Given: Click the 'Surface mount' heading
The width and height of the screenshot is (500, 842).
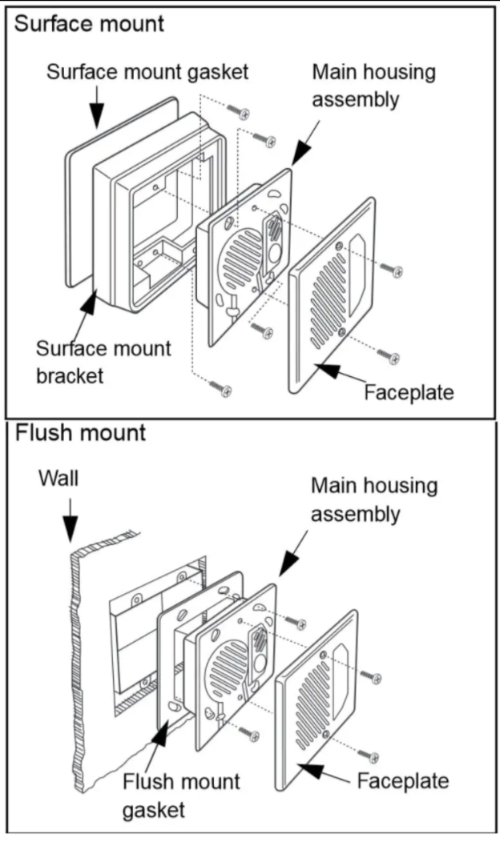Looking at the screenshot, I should point(89,23).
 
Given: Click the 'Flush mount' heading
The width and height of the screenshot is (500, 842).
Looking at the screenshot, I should point(80,434).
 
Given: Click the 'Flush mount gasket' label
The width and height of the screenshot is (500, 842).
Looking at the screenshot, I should point(180,793).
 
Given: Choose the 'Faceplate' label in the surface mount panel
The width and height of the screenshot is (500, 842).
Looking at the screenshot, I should point(409,392).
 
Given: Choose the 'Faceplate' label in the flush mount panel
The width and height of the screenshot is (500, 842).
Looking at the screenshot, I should point(403,780).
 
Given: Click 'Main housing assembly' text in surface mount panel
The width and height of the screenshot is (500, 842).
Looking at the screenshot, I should point(373,85).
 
